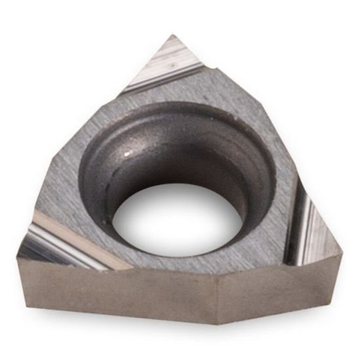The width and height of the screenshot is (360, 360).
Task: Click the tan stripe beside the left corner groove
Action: pos(79,239)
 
